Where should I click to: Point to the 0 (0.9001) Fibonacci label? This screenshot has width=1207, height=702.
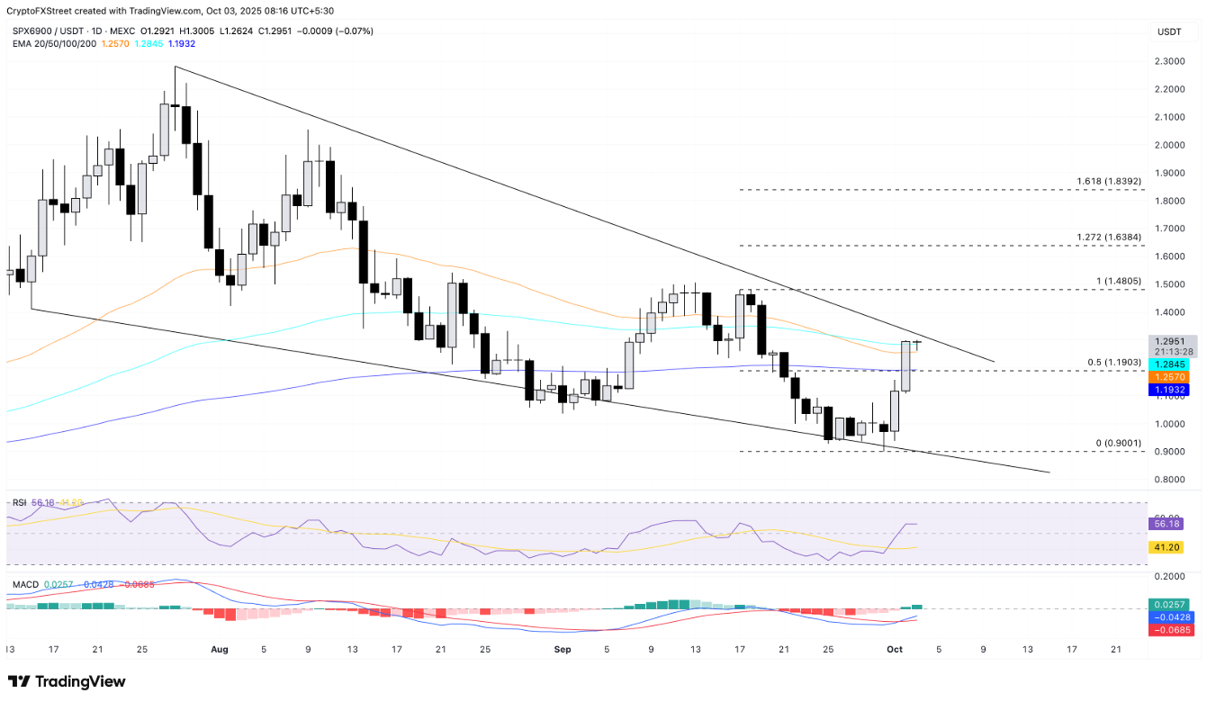(x=1118, y=443)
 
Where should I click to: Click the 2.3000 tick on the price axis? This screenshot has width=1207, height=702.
(x=1169, y=61)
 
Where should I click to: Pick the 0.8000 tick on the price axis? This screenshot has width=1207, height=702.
(x=1169, y=480)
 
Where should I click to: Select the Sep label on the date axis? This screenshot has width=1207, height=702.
(x=563, y=648)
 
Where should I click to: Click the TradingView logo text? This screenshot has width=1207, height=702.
(x=68, y=681)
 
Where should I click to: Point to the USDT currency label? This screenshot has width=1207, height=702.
(x=1168, y=32)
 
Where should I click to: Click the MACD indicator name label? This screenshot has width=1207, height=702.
(x=25, y=585)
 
